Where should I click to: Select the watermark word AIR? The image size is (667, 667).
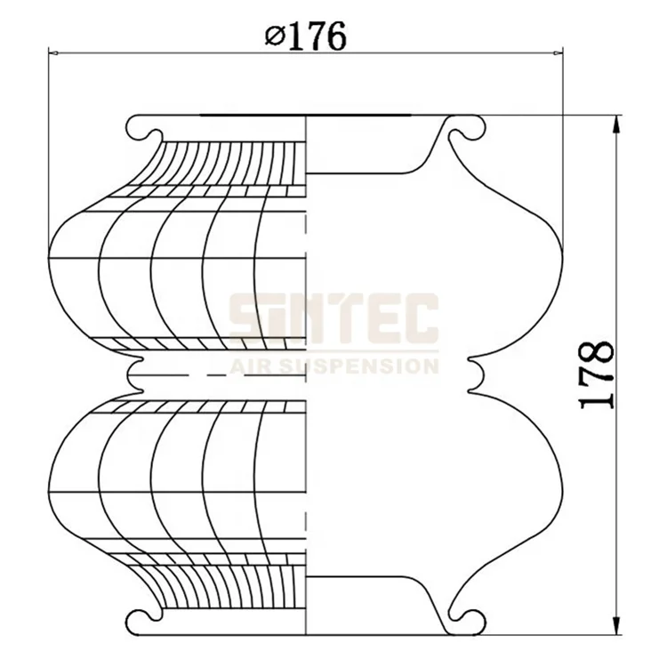[254, 365]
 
